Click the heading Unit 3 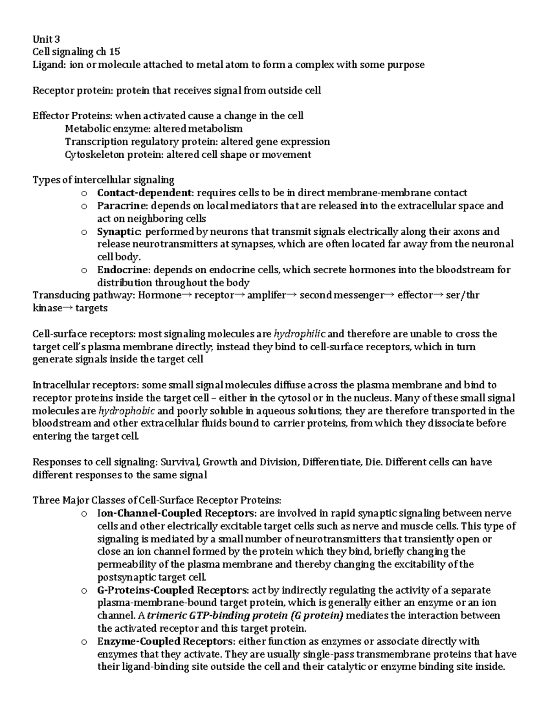[x=46, y=39]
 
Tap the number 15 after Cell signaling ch [x=115, y=52]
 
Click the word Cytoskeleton [x=95, y=155]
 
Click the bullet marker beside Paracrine [x=84, y=206]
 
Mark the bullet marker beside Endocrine [x=84, y=270]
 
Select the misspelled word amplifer [x=266, y=295]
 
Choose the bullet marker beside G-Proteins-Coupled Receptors [x=84, y=590]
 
